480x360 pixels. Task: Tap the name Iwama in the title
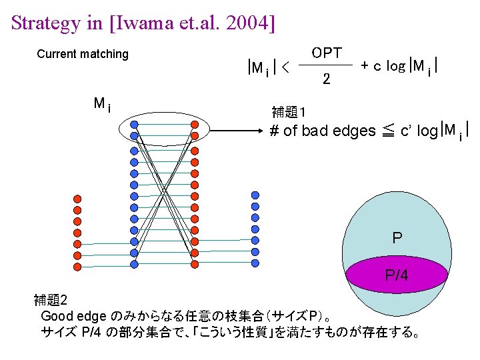click(145, 23)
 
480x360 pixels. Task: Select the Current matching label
click(83, 54)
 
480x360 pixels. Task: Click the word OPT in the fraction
click(327, 53)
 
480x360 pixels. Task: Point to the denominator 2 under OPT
click(326, 79)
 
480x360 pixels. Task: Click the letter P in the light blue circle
click(397, 237)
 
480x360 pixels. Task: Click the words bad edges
click(339, 131)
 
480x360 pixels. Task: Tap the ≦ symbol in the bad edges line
click(388, 131)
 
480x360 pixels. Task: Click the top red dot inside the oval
click(194, 125)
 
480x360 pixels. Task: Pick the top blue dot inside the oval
click(134, 125)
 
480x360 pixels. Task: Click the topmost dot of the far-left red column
click(77, 199)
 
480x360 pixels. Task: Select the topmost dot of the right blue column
click(255, 195)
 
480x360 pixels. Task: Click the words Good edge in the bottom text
click(69, 315)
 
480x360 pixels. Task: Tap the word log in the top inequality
click(396, 65)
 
